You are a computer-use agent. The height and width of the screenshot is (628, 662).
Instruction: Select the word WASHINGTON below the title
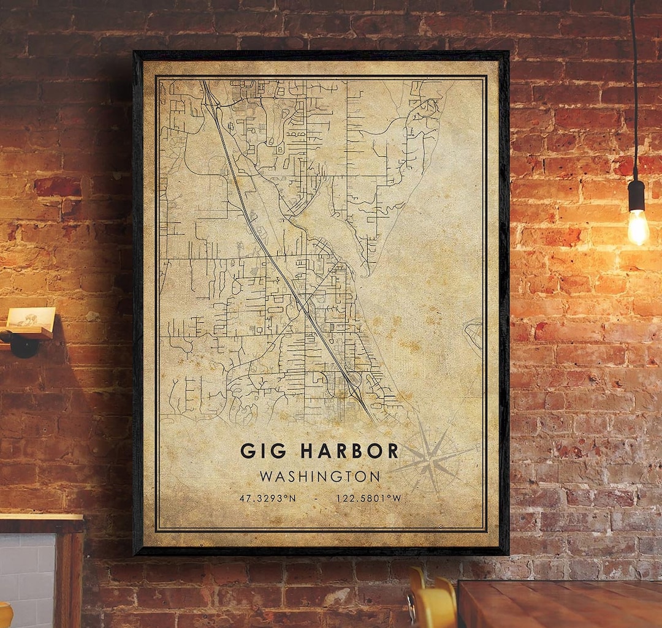[319, 476]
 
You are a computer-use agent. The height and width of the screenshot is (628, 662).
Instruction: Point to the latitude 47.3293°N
[267, 498]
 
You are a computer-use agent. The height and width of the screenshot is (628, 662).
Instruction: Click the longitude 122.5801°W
[368, 498]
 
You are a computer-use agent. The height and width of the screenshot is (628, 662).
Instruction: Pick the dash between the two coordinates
[315, 498]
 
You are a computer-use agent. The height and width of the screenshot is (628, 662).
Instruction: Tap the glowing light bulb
[637, 227]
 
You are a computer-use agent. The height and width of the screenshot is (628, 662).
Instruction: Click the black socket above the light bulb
[636, 195]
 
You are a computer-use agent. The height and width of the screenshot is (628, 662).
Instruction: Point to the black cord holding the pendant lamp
[633, 92]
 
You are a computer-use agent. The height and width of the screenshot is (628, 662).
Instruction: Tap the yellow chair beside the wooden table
[432, 603]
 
